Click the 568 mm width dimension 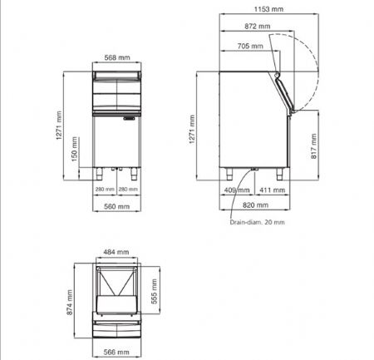(117, 58)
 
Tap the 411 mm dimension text (267, 190)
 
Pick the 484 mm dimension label (116, 252)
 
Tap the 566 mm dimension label (116, 352)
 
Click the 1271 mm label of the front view (59, 126)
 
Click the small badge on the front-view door (132, 120)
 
